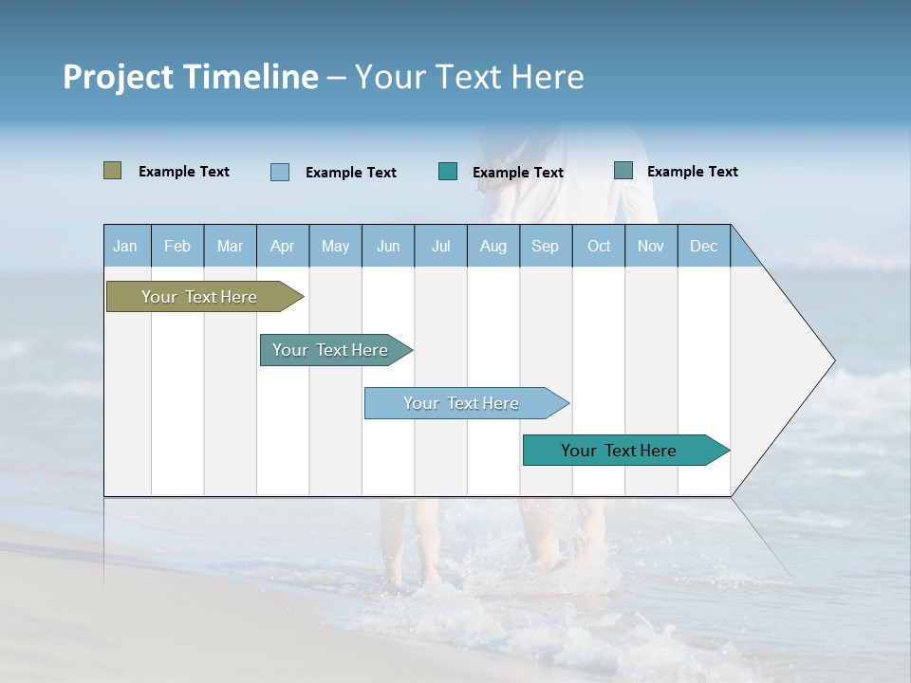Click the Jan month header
125,246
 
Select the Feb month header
177,246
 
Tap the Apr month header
282,246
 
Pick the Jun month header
388,246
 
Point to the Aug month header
493,246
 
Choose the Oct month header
599,246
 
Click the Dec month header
703,246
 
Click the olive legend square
113,171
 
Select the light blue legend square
280,172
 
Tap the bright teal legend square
448,172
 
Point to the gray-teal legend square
623,171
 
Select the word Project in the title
118,77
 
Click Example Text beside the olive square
184,172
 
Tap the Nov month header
651,246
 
